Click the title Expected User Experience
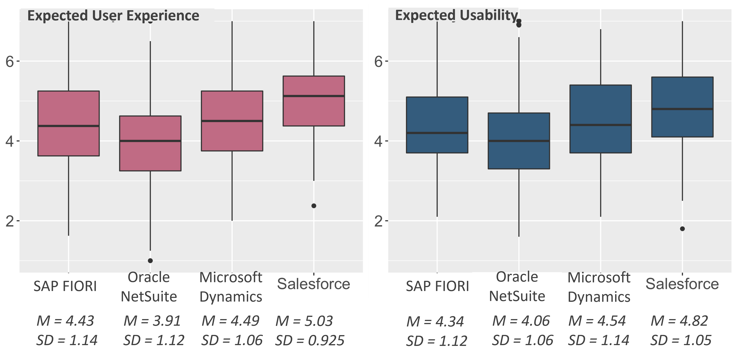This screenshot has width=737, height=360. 113,15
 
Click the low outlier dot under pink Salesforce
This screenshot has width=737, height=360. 314,206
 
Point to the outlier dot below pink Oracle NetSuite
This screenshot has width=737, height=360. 150,260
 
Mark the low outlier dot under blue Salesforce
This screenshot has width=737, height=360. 682,229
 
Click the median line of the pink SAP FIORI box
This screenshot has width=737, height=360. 69,126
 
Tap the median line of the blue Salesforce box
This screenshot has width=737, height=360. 682,109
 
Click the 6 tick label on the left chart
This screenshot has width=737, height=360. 10,61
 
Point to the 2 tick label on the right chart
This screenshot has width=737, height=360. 378,221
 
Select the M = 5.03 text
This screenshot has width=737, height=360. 304,321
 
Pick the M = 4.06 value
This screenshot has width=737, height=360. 521,321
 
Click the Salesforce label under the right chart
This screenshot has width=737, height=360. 682,284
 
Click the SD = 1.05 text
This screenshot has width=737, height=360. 681,340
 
